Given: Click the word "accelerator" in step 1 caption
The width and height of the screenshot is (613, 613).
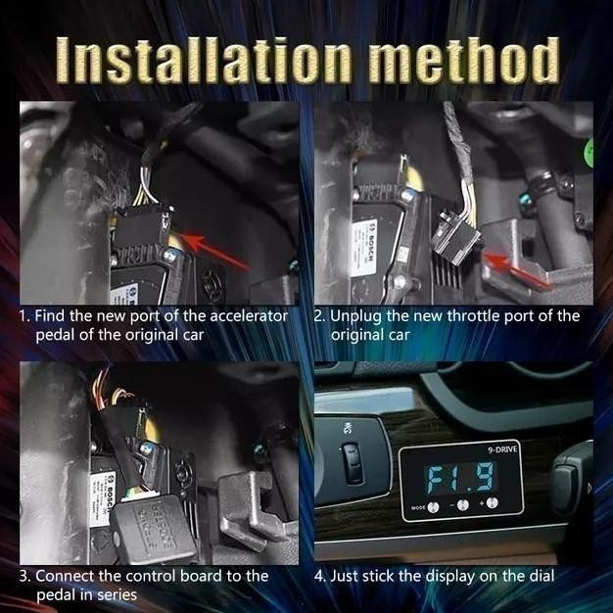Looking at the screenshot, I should tap(240, 316).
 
